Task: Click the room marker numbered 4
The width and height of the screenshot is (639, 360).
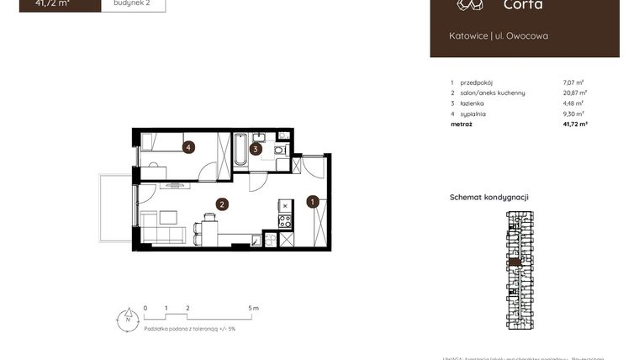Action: pyautogui.click(x=189, y=147)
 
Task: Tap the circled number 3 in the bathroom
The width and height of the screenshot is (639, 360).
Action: pyautogui.click(x=256, y=150)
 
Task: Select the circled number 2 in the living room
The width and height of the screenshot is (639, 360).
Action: pyautogui.click(x=222, y=204)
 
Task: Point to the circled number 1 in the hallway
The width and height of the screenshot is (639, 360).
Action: pyautogui.click(x=312, y=202)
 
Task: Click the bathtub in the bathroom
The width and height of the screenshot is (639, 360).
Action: pyautogui.click(x=240, y=149)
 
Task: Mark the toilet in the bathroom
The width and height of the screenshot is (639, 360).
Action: pyautogui.click(x=279, y=151)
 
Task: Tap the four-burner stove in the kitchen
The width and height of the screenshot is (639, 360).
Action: pyautogui.click(x=285, y=221)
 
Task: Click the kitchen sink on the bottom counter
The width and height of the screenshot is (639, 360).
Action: pyautogui.click(x=270, y=240)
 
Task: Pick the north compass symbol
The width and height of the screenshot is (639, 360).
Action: pyautogui.click(x=127, y=319)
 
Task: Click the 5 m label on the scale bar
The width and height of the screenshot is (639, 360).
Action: pyautogui.click(x=254, y=309)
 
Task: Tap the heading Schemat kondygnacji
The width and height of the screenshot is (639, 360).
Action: pyautogui.click(x=488, y=197)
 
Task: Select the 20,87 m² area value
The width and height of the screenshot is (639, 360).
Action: pyautogui.click(x=574, y=93)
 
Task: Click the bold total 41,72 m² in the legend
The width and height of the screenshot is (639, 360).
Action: pyautogui.click(x=574, y=124)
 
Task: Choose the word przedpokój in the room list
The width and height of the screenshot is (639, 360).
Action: pyautogui.click(x=478, y=82)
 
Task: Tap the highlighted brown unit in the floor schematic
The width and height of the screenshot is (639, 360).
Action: pyautogui.click(x=518, y=262)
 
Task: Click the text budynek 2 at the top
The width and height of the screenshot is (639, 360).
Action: pyautogui.click(x=133, y=3)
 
